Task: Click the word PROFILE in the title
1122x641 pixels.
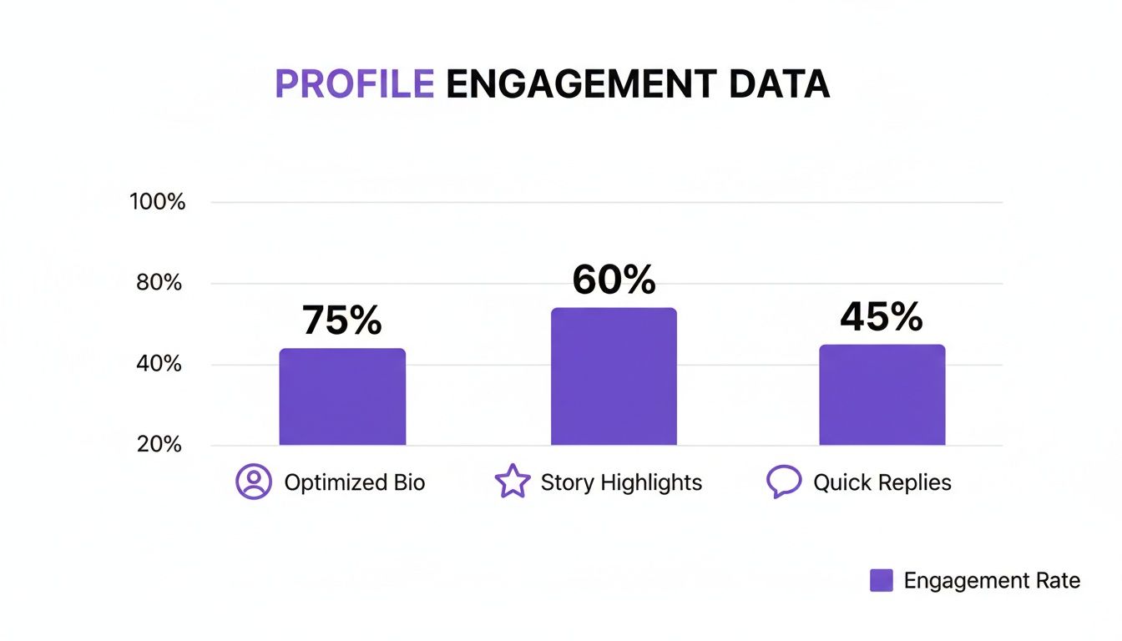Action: [x=354, y=84]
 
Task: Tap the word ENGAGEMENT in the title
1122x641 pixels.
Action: [x=581, y=84]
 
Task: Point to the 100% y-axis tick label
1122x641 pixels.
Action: [x=158, y=202]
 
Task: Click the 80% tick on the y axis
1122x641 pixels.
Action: [x=160, y=283]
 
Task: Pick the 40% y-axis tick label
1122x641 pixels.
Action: [x=160, y=364]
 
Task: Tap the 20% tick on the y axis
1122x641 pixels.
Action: [x=160, y=444]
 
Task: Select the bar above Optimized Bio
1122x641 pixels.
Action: [x=342, y=396]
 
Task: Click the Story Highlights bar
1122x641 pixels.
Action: [x=614, y=376]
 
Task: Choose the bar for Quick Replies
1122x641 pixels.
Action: [x=882, y=395]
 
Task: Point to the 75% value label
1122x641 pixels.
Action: [x=341, y=320]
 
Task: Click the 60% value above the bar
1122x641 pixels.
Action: [x=614, y=280]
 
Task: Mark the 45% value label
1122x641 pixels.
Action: [x=882, y=316]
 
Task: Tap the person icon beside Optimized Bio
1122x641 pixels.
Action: [x=254, y=482]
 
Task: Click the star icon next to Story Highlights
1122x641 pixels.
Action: [x=513, y=482]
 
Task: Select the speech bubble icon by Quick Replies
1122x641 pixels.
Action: [x=783, y=482]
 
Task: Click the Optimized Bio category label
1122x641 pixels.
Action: [x=355, y=482]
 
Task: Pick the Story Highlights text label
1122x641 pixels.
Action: [x=621, y=482]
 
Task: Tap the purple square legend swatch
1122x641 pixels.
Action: [x=882, y=581]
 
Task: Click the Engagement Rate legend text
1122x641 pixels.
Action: [x=992, y=581]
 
